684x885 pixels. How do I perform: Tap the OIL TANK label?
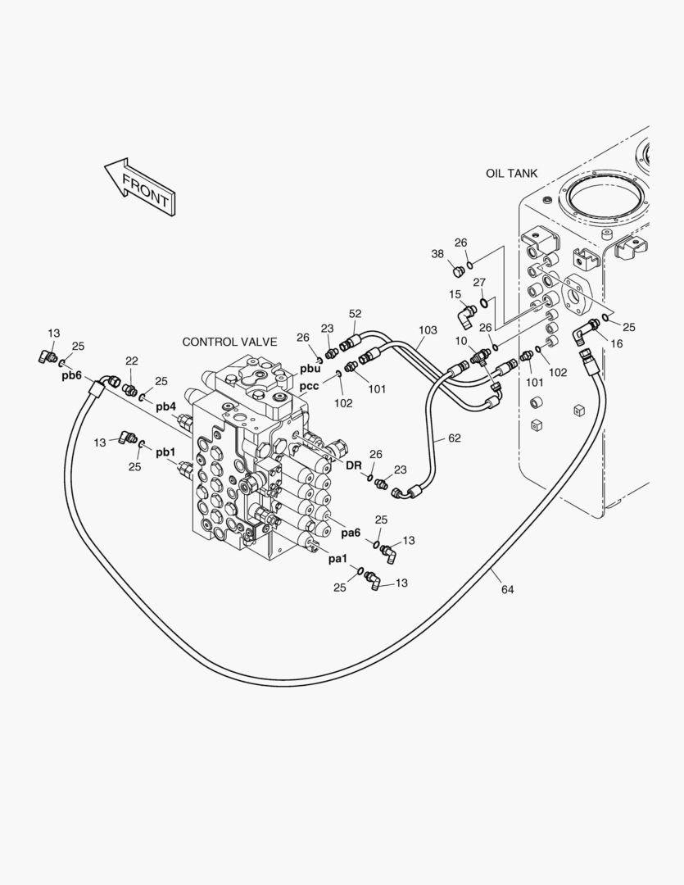pos(511,173)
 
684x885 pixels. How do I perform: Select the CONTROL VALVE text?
pos(229,342)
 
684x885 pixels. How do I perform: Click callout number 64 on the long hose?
pos(507,590)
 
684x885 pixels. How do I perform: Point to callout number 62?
pos(453,438)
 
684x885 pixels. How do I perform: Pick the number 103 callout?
pos(427,330)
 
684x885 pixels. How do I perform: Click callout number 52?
pos(355,314)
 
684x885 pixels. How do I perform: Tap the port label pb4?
pos(165,406)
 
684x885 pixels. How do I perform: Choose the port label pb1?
pos(165,452)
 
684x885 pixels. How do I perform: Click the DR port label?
pos(353,465)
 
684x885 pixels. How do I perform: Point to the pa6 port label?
pos(351,533)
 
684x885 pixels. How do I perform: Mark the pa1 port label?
pos(337,559)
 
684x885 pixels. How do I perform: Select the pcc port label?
pos(309,386)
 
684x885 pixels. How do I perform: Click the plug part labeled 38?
pos(460,271)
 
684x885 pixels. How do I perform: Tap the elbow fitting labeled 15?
pos(466,314)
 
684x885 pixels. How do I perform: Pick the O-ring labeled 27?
pos(485,303)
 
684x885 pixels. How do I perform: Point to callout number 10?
pos(462,340)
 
